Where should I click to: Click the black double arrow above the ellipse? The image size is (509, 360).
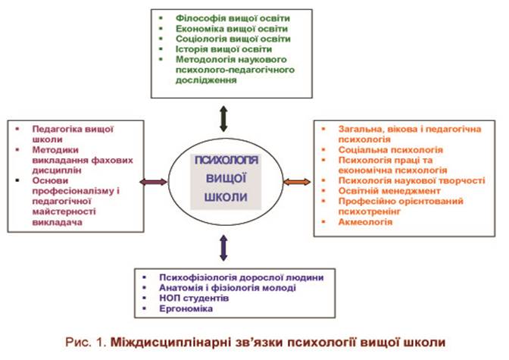pos(222,117)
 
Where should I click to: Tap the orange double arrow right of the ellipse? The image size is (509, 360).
pos(297,182)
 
